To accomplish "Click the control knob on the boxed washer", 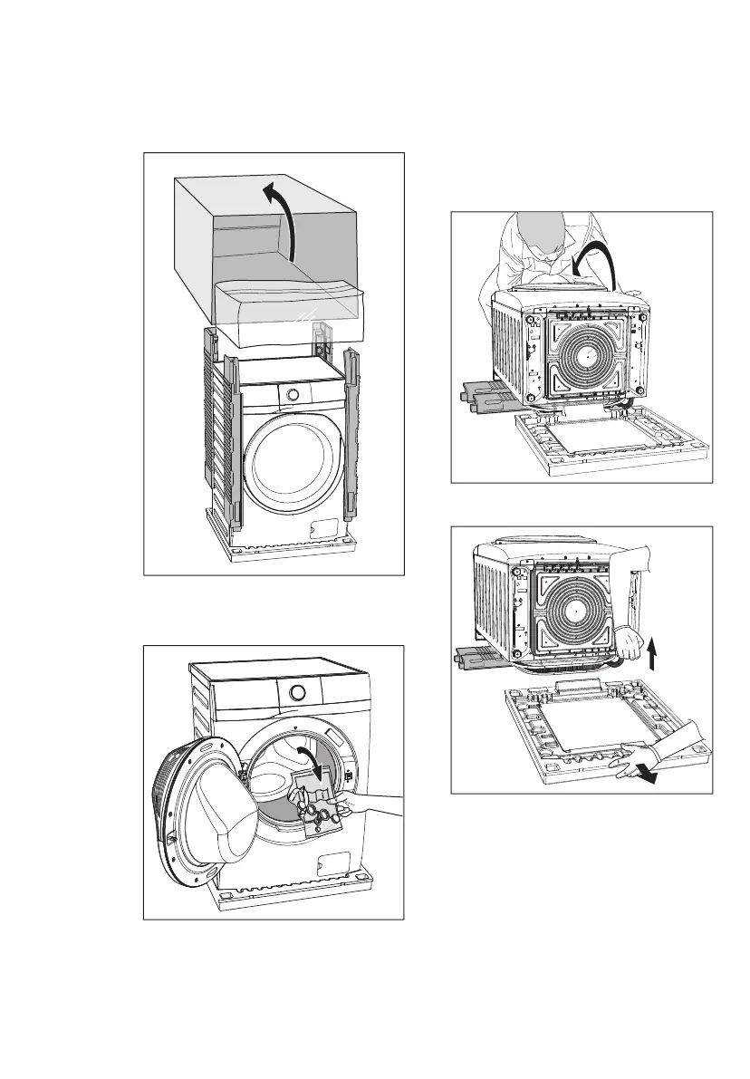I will [x=292, y=394].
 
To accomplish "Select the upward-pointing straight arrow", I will [x=655, y=648].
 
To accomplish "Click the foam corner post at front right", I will [x=351, y=435].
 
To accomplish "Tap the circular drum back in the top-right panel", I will [x=583, y=350].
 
